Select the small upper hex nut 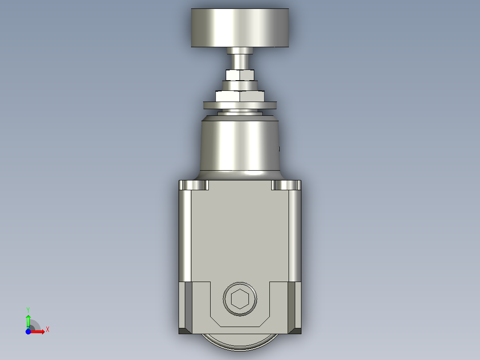(240, 75)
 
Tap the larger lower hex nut (240, 96)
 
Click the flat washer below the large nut (240, 106)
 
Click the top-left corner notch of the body (194, 185)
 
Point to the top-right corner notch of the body (286, 185)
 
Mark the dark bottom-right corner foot (296, 331)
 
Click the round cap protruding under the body (240, 342)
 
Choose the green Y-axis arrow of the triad (28, 320)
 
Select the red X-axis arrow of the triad (38, 331)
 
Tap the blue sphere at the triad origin (28, 331)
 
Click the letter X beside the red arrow (48, 329)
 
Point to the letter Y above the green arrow (28, 309)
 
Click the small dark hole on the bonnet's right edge (279, 149)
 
